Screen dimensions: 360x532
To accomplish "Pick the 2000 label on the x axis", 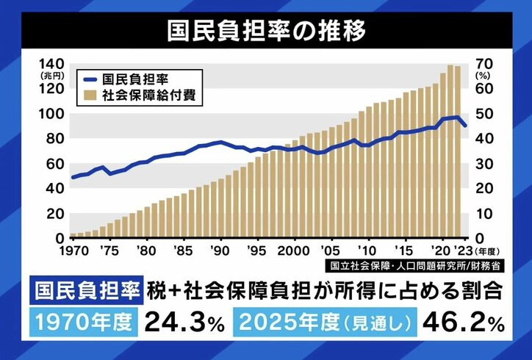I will coord(294,250).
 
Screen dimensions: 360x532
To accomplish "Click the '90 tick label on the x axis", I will coord(219,250).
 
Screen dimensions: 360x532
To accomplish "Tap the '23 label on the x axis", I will coord(464,250).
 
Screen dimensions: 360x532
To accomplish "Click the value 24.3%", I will coord(183,320).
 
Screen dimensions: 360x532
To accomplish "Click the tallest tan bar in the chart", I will coord(450,151).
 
